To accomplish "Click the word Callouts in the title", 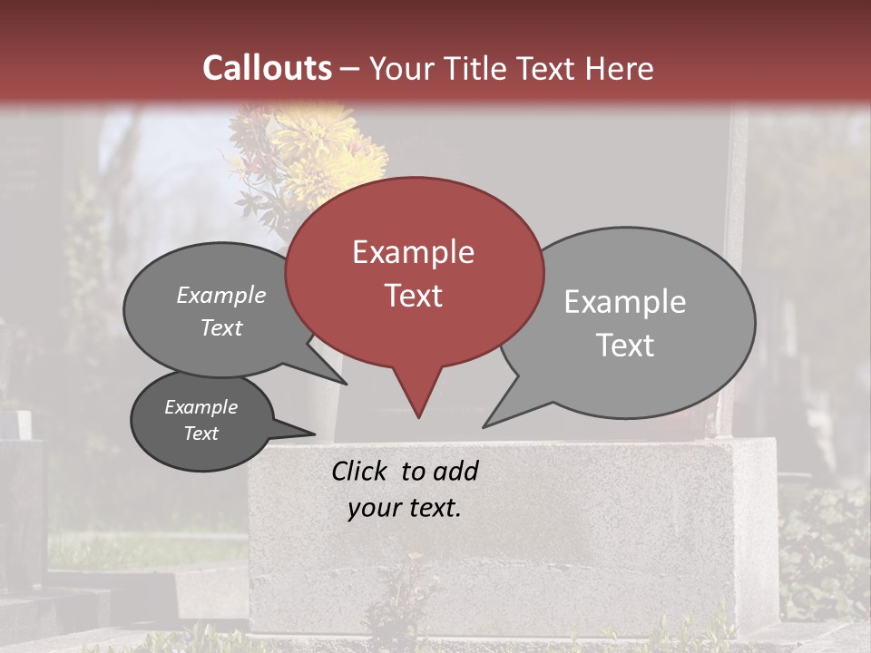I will pos(267,68).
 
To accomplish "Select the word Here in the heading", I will pos(621,68).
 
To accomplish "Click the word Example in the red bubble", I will pos(413,252).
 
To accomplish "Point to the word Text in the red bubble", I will pos(413,296).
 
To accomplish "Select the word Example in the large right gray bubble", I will pos(625,302).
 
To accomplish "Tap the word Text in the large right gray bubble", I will pos(625,346).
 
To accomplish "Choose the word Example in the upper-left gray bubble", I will pos(221,296).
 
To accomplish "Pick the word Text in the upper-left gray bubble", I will pos(221,327).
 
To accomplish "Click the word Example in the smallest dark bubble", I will pos(201,407).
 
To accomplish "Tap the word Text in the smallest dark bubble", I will pos(201,434).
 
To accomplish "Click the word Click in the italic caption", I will pos(360,471).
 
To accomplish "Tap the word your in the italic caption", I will pos(371,508).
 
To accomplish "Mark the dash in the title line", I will pos(351,69).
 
